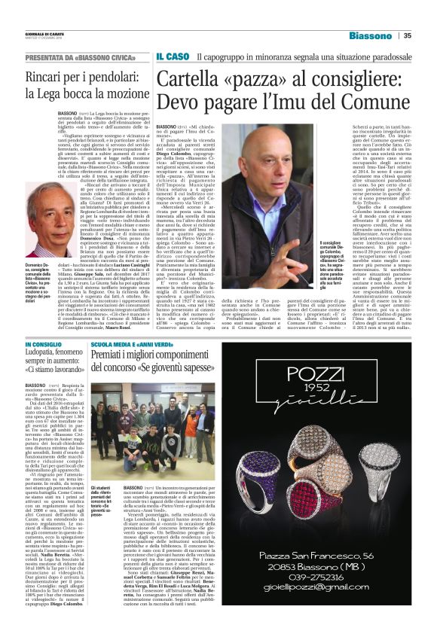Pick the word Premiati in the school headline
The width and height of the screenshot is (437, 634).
coord(115,355)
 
